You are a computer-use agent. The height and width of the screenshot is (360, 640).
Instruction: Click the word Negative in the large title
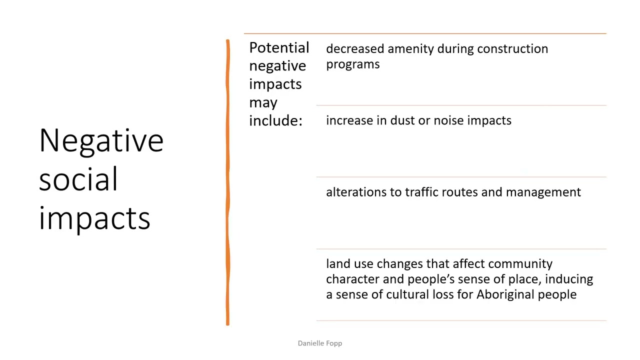(101, 140)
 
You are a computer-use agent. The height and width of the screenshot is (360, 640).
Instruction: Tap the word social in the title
(78, 179)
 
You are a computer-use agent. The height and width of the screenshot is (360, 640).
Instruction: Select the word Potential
(279, 48)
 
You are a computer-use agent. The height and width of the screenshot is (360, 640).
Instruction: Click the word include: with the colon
(275, 120)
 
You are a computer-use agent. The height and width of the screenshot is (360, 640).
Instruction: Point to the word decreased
(355, 48)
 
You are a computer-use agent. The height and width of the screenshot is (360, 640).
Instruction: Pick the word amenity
(410, 49)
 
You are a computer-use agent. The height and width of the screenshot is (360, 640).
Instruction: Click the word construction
(512, 48)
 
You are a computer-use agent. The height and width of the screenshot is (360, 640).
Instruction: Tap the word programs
(352, 64)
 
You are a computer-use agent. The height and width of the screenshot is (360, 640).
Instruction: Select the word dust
(402, 120)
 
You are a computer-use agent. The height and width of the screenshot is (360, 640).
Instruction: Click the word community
(520, 264)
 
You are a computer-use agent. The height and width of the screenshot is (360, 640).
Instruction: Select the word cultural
(407, 294)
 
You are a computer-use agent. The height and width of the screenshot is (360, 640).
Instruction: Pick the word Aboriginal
(505, 294)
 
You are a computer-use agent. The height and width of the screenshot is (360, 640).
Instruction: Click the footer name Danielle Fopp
(319, 343)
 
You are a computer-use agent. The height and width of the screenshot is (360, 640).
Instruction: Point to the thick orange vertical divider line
(227, 182)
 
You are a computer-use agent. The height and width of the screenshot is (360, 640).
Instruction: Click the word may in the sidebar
(263, 102)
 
